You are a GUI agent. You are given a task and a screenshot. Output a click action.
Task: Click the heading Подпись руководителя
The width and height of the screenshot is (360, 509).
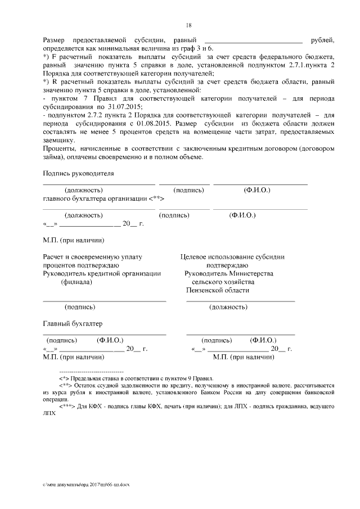coord(78,174)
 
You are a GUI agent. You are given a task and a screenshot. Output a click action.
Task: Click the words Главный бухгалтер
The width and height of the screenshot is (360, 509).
coord(73,323)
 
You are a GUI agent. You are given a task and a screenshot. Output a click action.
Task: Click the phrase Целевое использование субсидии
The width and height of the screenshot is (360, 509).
coord(232,256)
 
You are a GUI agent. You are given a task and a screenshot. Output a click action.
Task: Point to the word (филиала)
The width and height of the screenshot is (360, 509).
coord(77,282)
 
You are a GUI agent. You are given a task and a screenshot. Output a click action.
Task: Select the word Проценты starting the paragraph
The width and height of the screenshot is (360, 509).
coord(60,149)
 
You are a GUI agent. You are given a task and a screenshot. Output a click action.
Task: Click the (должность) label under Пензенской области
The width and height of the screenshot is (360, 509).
coord(228,307)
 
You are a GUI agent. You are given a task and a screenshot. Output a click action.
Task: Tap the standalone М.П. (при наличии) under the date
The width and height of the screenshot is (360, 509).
coord(73,240)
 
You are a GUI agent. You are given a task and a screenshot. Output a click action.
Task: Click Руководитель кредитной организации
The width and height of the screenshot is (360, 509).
coord(102,273)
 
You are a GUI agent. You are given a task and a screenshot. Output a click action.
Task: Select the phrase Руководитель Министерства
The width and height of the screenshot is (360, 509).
coord(229,273)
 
